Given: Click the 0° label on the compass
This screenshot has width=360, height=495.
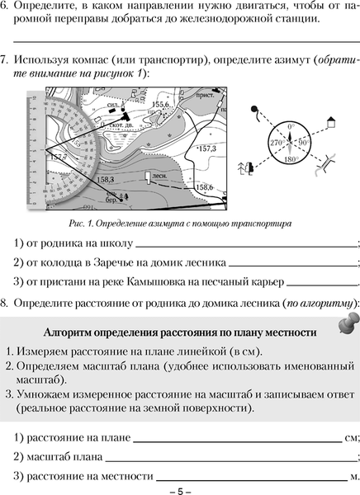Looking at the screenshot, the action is pyautogui.click(x=291, y=126).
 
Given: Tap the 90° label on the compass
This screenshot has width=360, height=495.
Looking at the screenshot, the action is pyautogui.click(x=303, y=142).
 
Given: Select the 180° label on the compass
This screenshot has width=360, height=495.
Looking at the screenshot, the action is pyautogui.click(x=290, y=157).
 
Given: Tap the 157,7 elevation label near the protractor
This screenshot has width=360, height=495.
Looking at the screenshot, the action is pyautogui.click(x=58, y=157).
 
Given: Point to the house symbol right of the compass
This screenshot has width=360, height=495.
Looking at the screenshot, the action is pyautogui.click(x=331, y=121).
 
